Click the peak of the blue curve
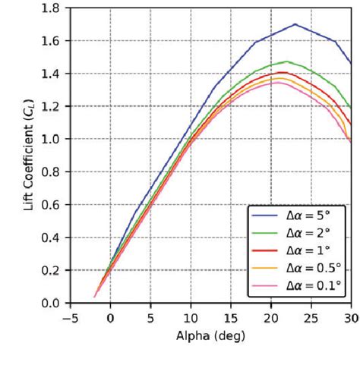(x=295, y=24)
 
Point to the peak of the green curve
(x=286, y=61)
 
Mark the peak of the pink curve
(x=278, y=82)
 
